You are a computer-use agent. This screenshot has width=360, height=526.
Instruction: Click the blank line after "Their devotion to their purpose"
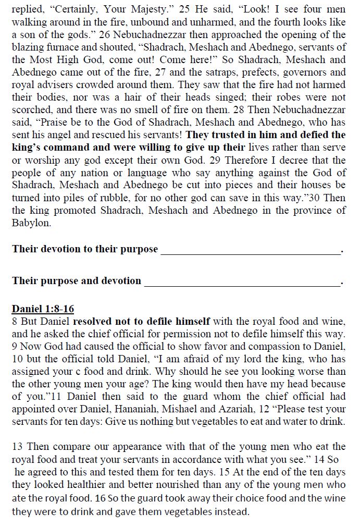coord(250,250)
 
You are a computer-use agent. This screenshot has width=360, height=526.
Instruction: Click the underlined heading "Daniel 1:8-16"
coord(43,309)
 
